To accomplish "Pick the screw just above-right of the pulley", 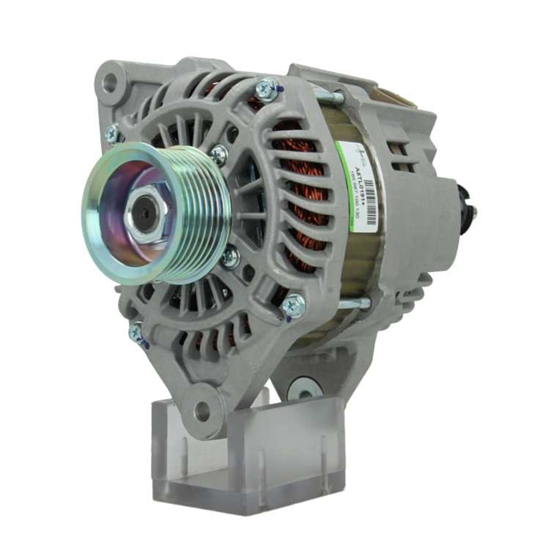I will pyautogui.click(x=218, y=155).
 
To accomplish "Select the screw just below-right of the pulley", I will pyautogui.click(x=230, y=256).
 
